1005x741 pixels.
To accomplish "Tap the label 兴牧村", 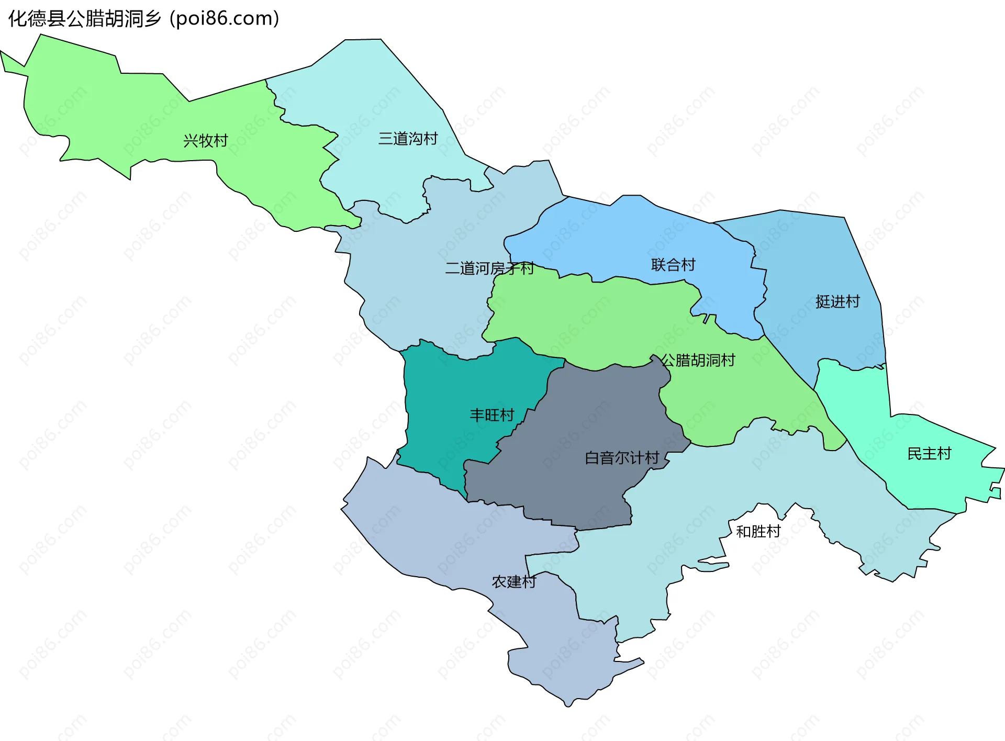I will point(206,141).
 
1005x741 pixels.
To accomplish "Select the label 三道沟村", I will point(408,139).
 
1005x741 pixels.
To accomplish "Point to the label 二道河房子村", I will point(489,268).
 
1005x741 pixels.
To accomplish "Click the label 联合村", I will point(673,265).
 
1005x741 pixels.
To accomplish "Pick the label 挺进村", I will point(837,301).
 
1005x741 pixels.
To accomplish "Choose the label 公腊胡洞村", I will point(698,360).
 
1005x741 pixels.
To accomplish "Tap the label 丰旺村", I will point(492,415).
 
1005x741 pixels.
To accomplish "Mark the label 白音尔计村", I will point(622,458).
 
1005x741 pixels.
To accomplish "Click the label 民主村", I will point(929,454).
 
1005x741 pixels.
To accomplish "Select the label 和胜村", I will point(758,532).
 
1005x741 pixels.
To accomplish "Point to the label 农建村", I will point(514,582).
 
